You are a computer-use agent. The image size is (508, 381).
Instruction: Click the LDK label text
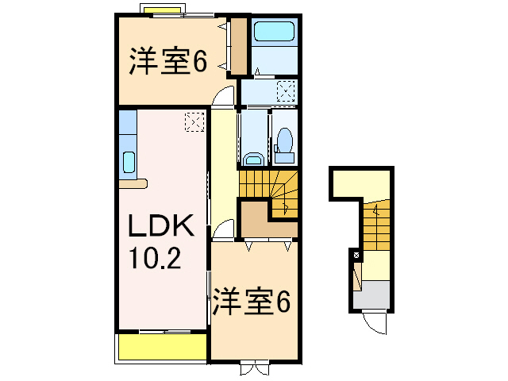click(x=162, y=228)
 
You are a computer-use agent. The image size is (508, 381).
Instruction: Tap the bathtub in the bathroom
click(x=274, y=33)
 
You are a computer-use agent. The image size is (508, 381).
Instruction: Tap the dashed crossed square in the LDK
click(x=194, y=121)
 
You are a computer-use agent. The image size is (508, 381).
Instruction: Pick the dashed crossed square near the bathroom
click(x=287, y=92)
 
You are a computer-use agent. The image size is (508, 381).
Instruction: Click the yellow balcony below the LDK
click(x=162, y=348)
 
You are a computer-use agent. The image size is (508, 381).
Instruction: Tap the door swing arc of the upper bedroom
click(x=223, y=98)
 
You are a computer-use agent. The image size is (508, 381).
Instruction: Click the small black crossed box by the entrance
click(x=355, y=256)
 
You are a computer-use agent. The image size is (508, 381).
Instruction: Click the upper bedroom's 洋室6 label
click(x=167, y=62)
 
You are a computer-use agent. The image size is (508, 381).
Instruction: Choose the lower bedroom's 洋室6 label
click(x=249, y=302)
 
